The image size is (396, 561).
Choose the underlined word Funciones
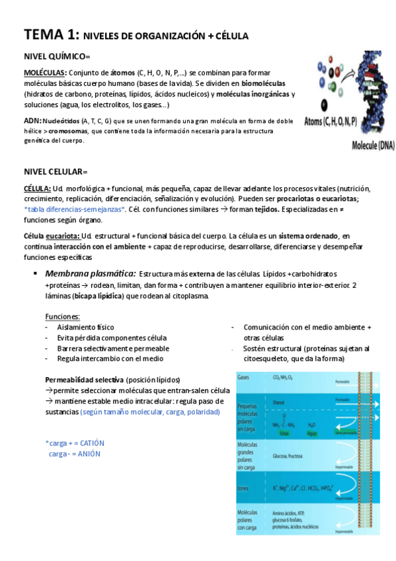(63, 316)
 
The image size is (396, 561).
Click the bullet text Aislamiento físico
(85, 327)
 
